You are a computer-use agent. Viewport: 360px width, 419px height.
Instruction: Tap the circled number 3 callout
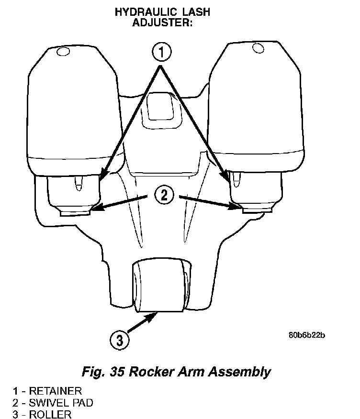(x=119, y=341)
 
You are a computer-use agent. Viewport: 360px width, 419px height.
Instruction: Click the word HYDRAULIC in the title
(x=139, y=12)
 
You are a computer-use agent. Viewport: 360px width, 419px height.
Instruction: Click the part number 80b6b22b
(x=307, y=335)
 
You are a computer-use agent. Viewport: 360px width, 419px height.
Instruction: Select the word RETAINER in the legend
(x=56, y=391)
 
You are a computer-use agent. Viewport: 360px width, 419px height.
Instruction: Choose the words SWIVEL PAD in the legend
(x=61, y=402)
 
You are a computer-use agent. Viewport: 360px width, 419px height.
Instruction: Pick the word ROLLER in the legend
(x=50, y=414)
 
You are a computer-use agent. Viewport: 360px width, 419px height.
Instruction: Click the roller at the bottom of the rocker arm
(x=159, y=286)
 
